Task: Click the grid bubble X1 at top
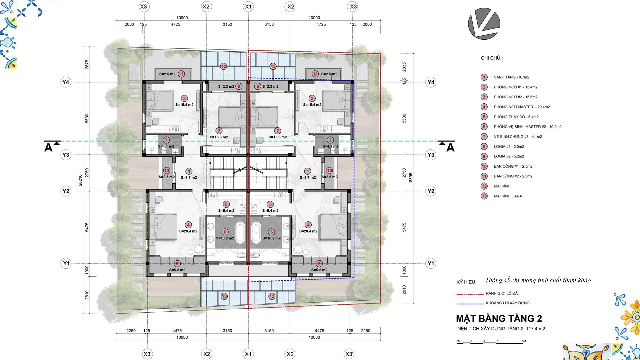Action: point(248,7)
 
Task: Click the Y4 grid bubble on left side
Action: point(66,82)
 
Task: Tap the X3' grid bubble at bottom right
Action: point(349,354)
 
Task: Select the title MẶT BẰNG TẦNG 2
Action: point(499,318)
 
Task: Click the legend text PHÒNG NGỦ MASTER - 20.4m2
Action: point(522,107)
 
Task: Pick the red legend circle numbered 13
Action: point(484,196)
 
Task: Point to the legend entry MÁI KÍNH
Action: point(502,186)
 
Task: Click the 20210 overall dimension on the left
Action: point(80,180)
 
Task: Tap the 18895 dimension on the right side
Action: point(411,178)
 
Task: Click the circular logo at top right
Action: point(484,24)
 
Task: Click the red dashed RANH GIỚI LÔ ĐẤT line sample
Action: point(470,294)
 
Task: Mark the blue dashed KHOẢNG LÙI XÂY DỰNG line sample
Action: point(470,303)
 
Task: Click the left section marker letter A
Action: point(49,147)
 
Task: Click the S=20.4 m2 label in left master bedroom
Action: point(188,231)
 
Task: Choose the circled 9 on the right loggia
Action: point(319,264)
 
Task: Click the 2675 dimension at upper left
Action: point(87,64)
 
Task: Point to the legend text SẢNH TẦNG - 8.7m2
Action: point(511,77)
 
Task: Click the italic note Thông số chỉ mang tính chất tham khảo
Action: point(538,280)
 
